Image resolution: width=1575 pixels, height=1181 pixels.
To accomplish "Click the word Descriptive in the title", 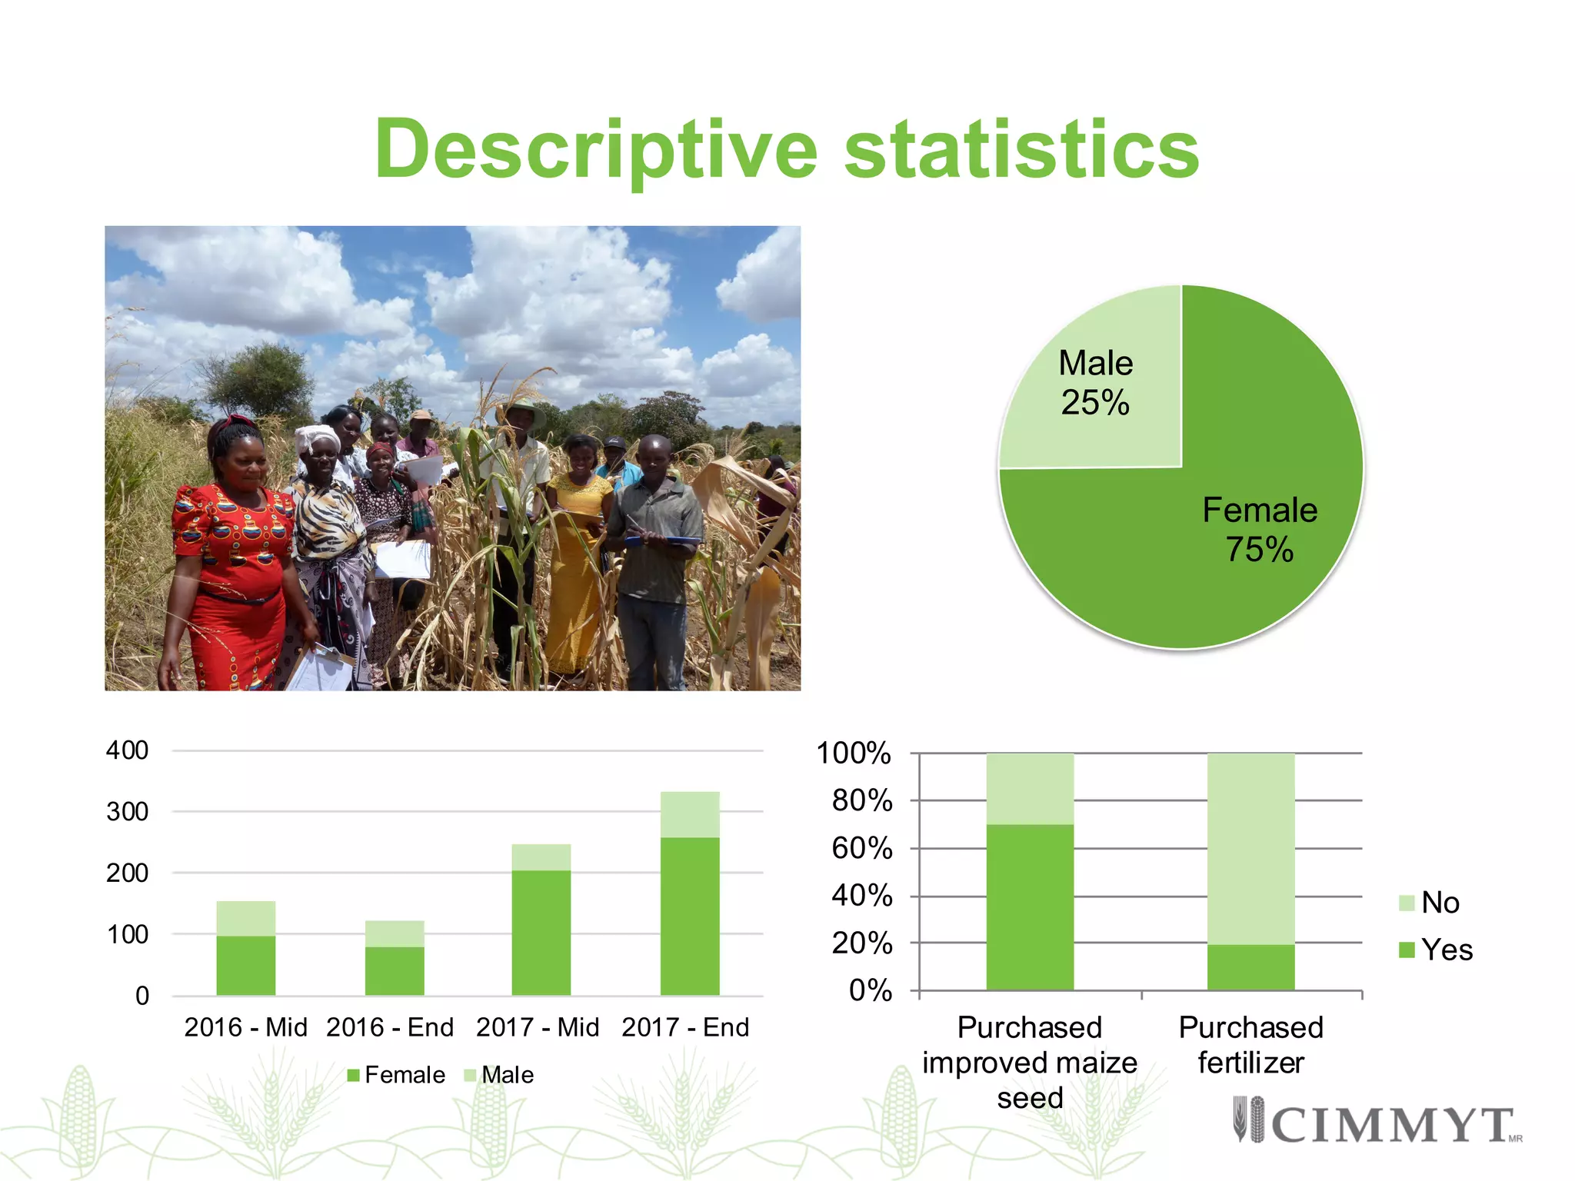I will [596, 150].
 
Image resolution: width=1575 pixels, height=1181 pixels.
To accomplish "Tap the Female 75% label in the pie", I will [1259, 530].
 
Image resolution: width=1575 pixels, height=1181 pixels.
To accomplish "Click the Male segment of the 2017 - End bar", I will [690, 814].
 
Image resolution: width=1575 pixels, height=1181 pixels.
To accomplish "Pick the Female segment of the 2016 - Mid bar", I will [245, 965].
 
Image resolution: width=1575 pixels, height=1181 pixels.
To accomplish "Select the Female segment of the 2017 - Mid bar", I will [541, 932].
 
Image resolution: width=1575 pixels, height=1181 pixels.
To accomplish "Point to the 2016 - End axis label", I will [390, 1027].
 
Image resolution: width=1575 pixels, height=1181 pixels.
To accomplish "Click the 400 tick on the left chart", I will [128, 750].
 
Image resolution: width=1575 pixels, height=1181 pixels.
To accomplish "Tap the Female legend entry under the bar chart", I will [396, 1075].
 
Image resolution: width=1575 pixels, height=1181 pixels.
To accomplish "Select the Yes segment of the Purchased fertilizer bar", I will [1250, 967].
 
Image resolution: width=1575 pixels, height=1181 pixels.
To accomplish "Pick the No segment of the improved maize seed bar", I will [1030, 789].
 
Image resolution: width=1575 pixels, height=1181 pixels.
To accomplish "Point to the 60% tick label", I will [862, 849].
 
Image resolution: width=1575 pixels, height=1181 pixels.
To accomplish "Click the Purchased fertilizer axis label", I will [1251, 1045].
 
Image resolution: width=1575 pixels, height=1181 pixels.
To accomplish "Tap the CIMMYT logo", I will [1377, 1122].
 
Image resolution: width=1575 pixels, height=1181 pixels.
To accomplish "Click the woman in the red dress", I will [231, 561].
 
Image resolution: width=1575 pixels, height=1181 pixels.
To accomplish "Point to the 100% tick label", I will [854, 754].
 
